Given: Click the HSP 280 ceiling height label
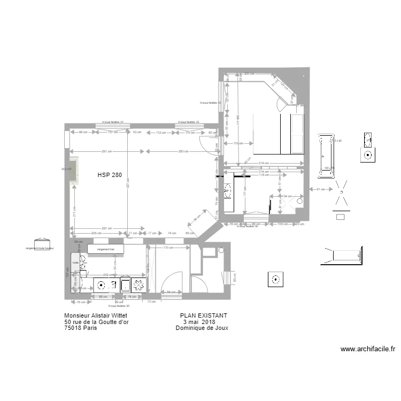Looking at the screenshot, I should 110,175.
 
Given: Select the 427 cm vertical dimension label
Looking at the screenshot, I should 128,183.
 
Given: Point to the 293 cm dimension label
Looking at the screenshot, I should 183,151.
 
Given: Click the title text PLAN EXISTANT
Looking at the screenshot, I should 204,316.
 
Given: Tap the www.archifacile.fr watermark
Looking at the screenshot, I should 368,349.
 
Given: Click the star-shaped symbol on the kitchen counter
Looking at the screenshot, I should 140,286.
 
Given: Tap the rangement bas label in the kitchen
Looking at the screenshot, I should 106,250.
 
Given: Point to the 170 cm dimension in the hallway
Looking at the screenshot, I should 167,248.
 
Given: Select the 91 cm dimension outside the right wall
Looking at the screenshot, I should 319,189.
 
